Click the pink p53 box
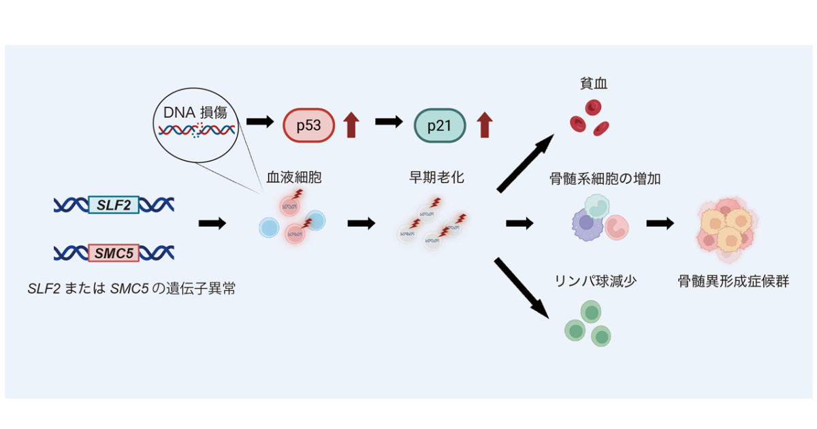tap(308, 125)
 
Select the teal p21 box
tap(440, 125)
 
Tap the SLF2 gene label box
tap(114, 205)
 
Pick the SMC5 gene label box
tap(114, 253)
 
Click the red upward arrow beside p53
tap(351, 125)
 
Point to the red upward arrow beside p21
tap(485, 125)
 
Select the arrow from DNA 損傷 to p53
tap(260, 121)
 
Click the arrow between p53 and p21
tap(389, 121)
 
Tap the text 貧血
tap(594, 84)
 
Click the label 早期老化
tap(436, 177)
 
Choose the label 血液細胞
tap(294, 177)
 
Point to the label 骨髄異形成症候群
tap(733, 281)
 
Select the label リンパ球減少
tap(596, 281)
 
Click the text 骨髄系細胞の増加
tap(605, 178)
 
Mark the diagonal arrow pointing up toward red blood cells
tap(525, 163)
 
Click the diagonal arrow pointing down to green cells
tap(522, 288)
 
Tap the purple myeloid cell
tap(587, 224)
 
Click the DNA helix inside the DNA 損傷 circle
tap(197, 130)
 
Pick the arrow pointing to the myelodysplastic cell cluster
tap(660, 223)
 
